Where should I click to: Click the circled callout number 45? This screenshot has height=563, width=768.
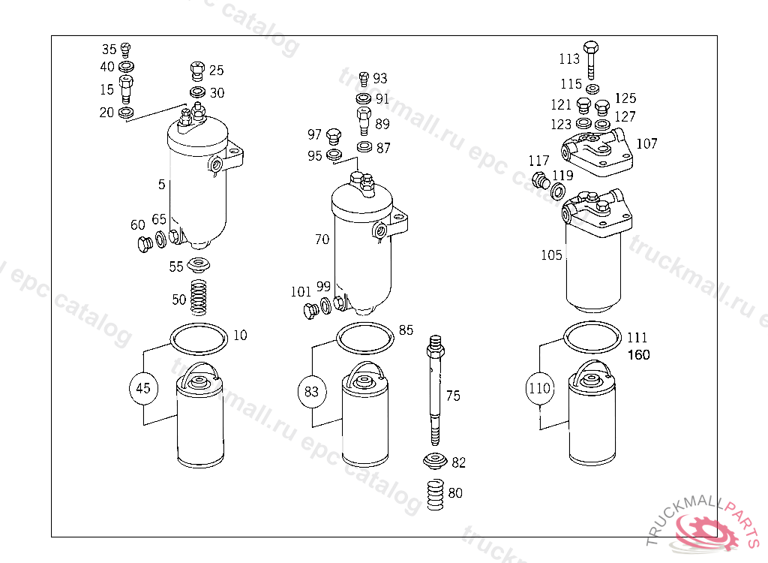tap(143, 388)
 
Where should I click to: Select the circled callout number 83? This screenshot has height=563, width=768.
tap(311, 391)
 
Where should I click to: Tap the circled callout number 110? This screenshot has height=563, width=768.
tap(540, 388)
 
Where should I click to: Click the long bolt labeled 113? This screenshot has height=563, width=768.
tap(591, 60)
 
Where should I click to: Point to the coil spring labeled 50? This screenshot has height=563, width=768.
tap(198, 297)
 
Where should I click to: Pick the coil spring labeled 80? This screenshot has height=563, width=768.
tap(436, 495)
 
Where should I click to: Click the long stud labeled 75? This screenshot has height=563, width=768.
tap(436, 390)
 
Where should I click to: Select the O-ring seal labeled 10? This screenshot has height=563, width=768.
tap(199, 339)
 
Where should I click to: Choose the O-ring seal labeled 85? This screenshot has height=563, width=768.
tap(365, 337)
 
